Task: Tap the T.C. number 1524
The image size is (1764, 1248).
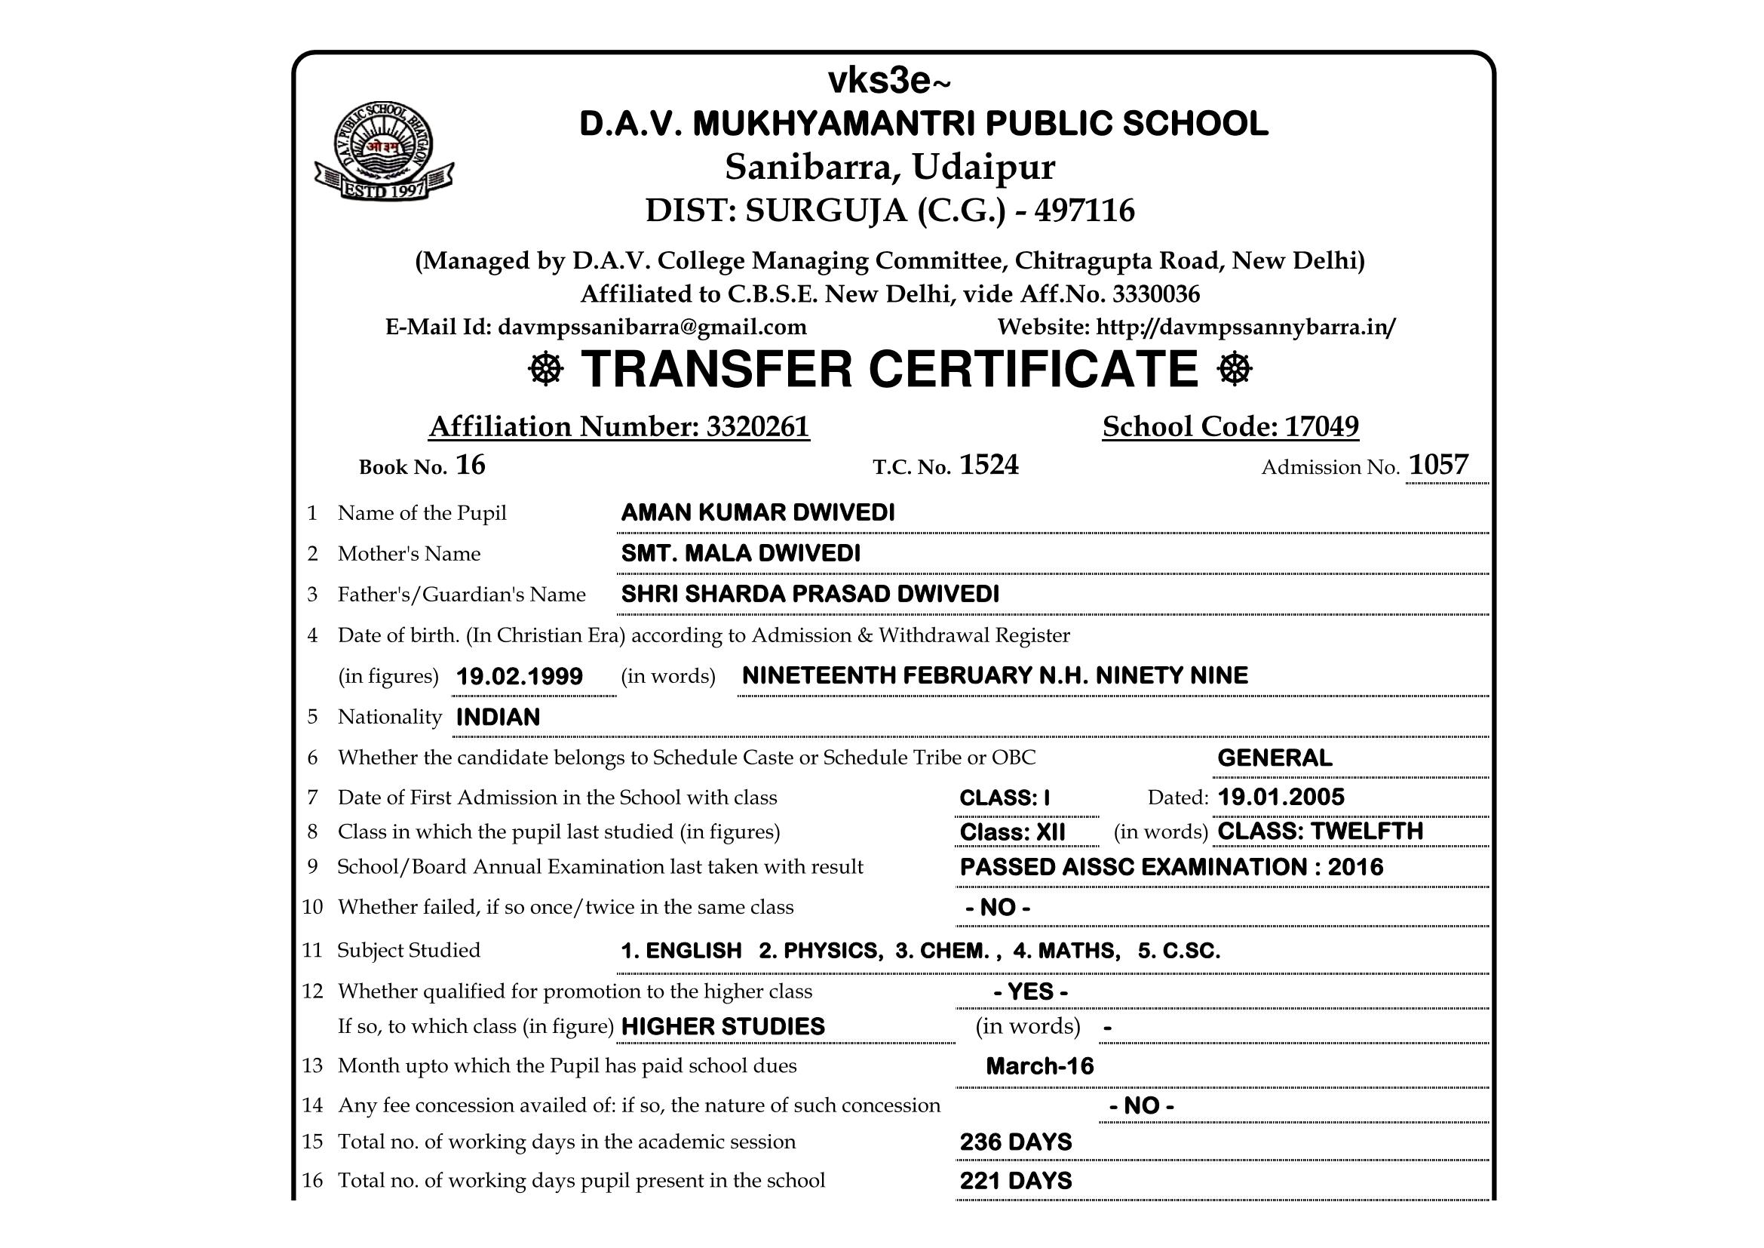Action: [989, 465]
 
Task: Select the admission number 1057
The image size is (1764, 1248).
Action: [1438, 465]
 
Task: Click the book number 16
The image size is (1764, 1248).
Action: [470, 465]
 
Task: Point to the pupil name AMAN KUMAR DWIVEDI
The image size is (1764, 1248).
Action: [757, 512]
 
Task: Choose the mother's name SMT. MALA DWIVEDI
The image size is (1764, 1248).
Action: [741, 553]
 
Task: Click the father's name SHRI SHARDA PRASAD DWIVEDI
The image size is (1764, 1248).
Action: [810, 594]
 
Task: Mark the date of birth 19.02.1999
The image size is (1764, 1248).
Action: [520, 676]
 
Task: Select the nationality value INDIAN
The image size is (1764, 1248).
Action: [498, 717]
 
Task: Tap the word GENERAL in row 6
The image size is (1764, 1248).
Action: [1275, 758]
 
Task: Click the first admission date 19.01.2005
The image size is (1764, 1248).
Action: [1281, 797]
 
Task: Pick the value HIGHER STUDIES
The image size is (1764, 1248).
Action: [722, 1027]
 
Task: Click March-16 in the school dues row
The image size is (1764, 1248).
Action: [1039, 1066]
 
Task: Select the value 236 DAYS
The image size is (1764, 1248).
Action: [1015, 1142]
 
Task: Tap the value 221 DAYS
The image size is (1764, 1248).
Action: [1015, 1180]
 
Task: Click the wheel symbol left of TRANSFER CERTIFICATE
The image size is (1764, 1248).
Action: [546, 370]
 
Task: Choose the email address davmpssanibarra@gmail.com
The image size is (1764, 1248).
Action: [652, 327]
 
